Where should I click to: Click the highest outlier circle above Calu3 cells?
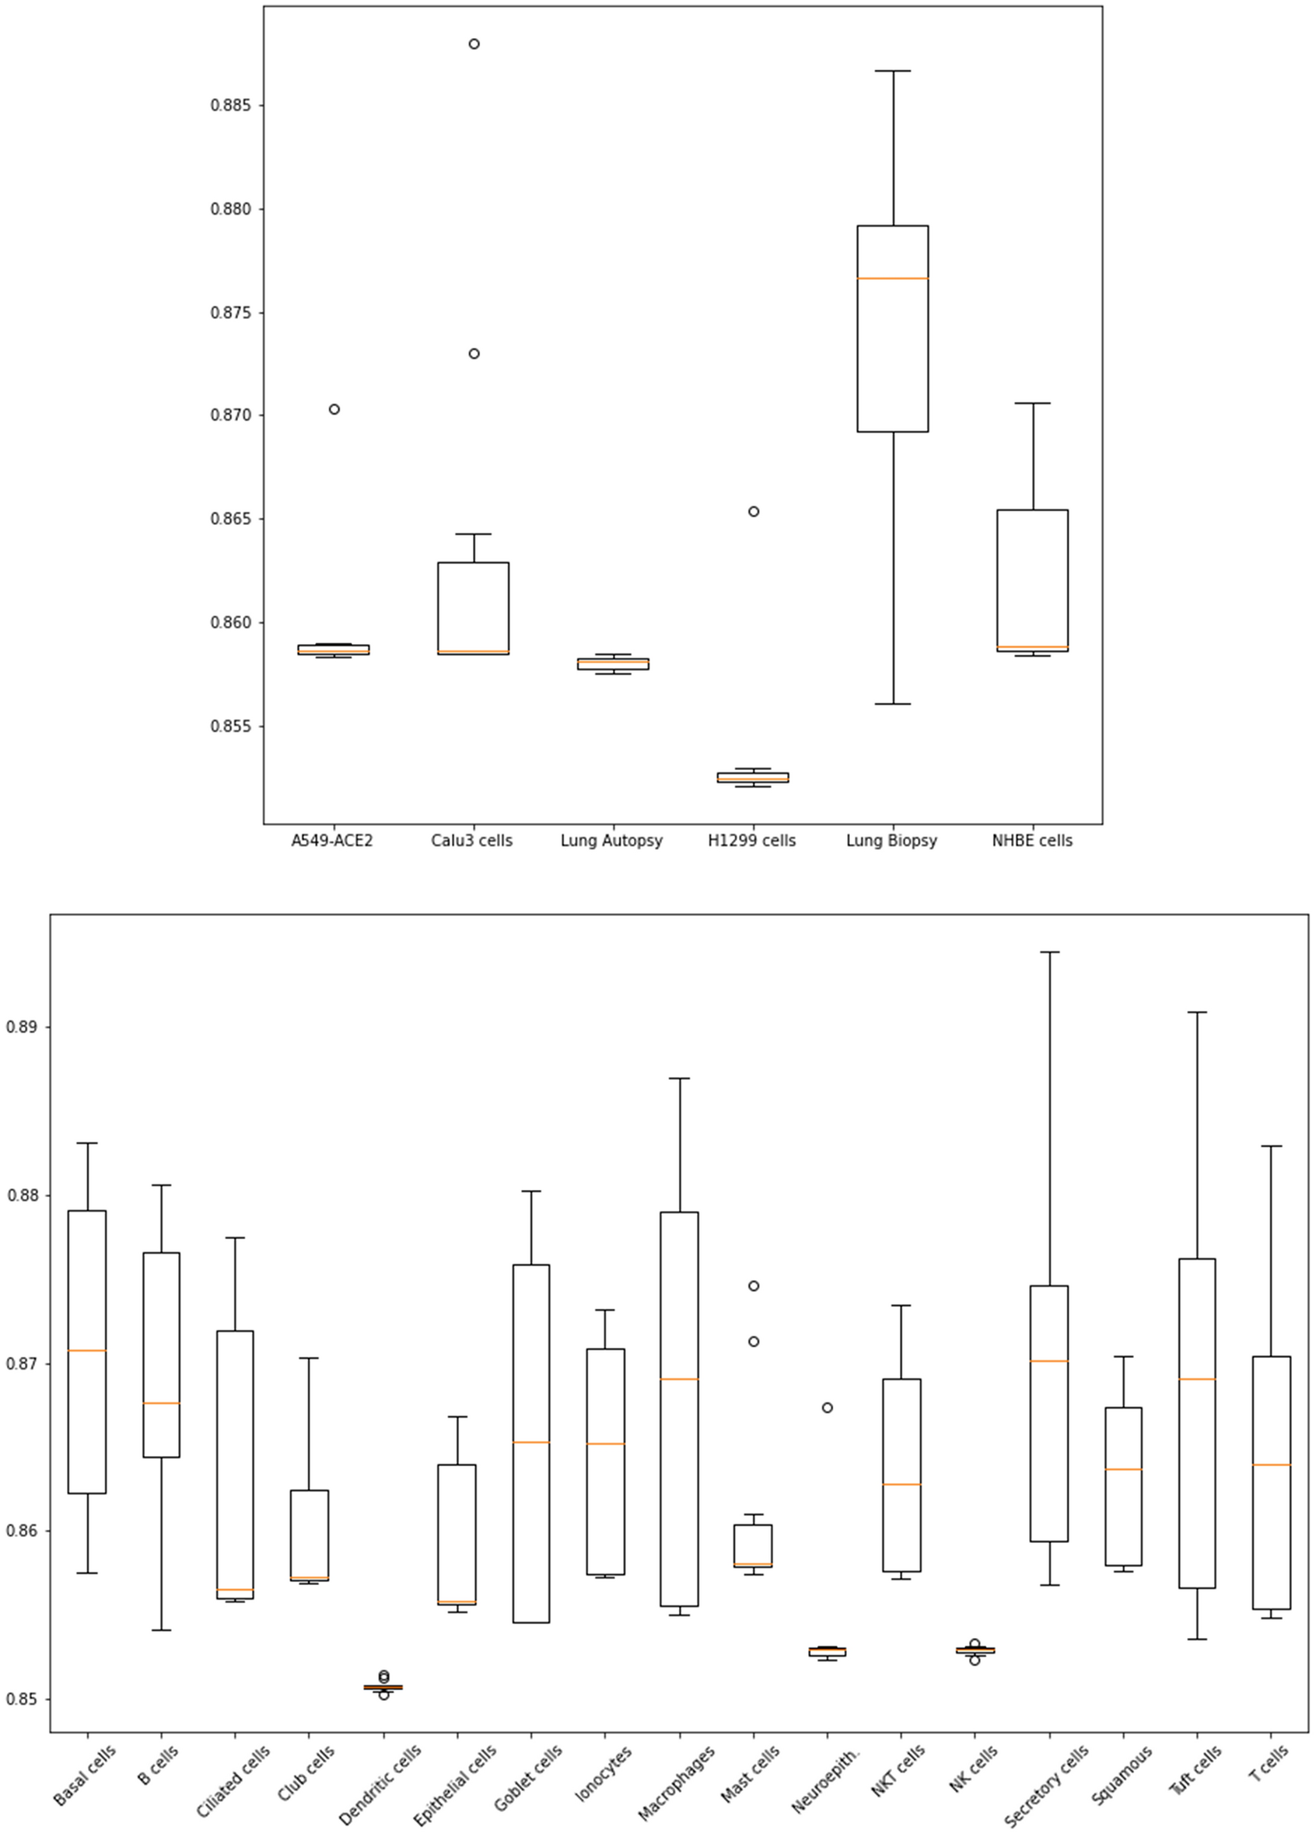474,44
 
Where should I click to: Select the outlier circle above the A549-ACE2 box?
334,409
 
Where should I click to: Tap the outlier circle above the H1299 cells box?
753,511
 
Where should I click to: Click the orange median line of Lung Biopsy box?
892,278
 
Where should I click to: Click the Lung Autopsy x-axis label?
611,841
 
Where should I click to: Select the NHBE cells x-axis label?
1032,841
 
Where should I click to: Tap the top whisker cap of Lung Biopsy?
892,72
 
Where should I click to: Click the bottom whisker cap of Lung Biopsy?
892,704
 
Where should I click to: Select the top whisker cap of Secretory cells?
1049,953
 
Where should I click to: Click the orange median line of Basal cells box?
86,1350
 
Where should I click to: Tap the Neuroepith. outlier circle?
827,1408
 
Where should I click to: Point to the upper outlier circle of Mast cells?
753,1286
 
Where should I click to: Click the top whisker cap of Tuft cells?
1197,1013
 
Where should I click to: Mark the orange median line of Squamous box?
1123,1468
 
